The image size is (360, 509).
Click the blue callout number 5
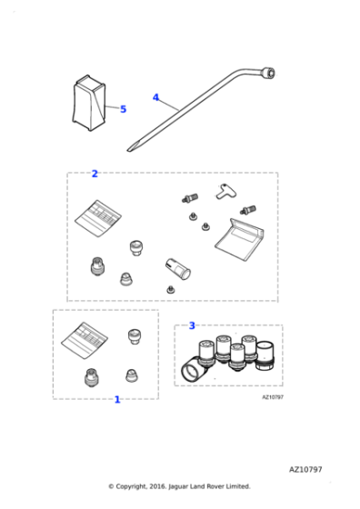123,109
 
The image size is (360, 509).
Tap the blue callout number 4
155,97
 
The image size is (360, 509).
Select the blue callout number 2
95,174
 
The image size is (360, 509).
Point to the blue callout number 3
192,325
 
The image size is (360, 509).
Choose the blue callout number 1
117,400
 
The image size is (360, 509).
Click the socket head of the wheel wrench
270,73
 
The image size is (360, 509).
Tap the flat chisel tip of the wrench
130,149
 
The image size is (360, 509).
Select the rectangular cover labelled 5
89,103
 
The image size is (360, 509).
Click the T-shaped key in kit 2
226,192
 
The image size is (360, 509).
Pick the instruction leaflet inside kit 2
98,218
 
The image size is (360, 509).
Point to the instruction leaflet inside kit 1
85,340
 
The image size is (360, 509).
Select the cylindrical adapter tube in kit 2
177,269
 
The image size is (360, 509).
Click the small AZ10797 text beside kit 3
273,397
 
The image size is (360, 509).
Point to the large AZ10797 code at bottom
305,469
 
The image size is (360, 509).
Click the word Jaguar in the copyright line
178,486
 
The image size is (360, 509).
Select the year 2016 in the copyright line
158,486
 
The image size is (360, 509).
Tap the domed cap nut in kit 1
132,375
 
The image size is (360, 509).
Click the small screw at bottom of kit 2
170,290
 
